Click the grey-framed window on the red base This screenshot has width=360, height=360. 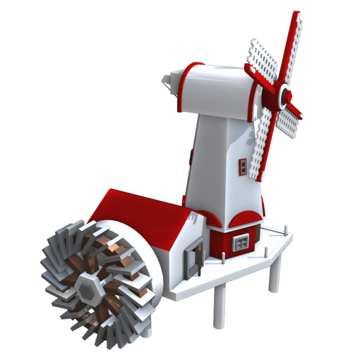241,243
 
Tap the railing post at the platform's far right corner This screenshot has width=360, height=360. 286,229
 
